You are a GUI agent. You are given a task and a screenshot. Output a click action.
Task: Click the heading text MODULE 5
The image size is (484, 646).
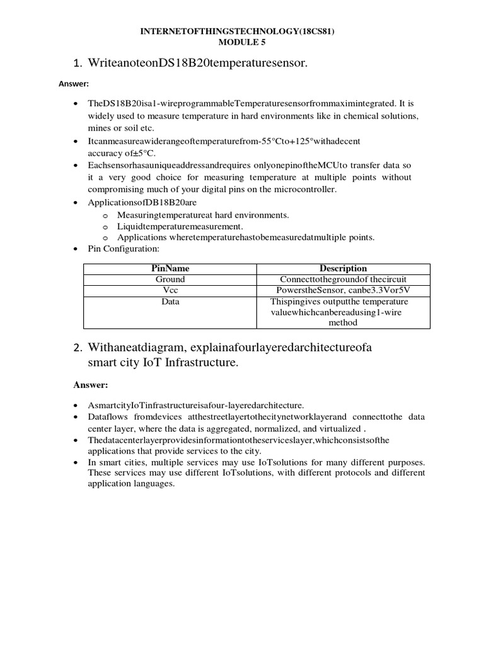click(242, 43)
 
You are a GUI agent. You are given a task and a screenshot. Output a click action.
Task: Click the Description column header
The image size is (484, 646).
click(343, 268)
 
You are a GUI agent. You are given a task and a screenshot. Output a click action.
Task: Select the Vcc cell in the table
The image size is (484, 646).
click(170, 290)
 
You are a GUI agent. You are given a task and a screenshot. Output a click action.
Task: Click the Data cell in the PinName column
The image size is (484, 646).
click(170, 302)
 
